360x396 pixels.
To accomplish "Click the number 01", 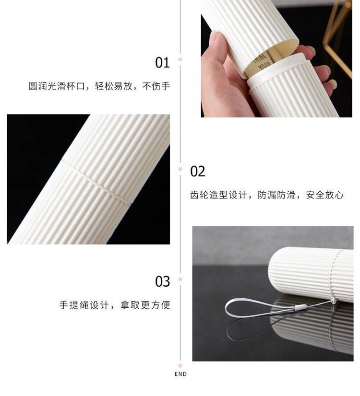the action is [x=162, y=63].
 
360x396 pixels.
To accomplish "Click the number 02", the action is [x=197, y=172].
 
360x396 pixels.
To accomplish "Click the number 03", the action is [x=162, y=281].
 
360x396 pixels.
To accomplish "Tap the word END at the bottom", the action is [x=180, y=374].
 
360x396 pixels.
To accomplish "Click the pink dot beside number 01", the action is [x=180, y=59].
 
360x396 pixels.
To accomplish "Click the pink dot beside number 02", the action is [x=180, y=169].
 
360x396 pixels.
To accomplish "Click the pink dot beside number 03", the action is [x=180, y=279].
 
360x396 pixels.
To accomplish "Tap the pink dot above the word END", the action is [x=180, y=366].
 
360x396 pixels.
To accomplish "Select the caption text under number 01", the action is [x=99, y=86].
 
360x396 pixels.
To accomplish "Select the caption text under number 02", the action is [x=267, y=195].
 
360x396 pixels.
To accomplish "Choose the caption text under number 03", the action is [x=115, y=305].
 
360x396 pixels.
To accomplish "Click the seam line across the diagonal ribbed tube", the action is [x=96, y=181].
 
